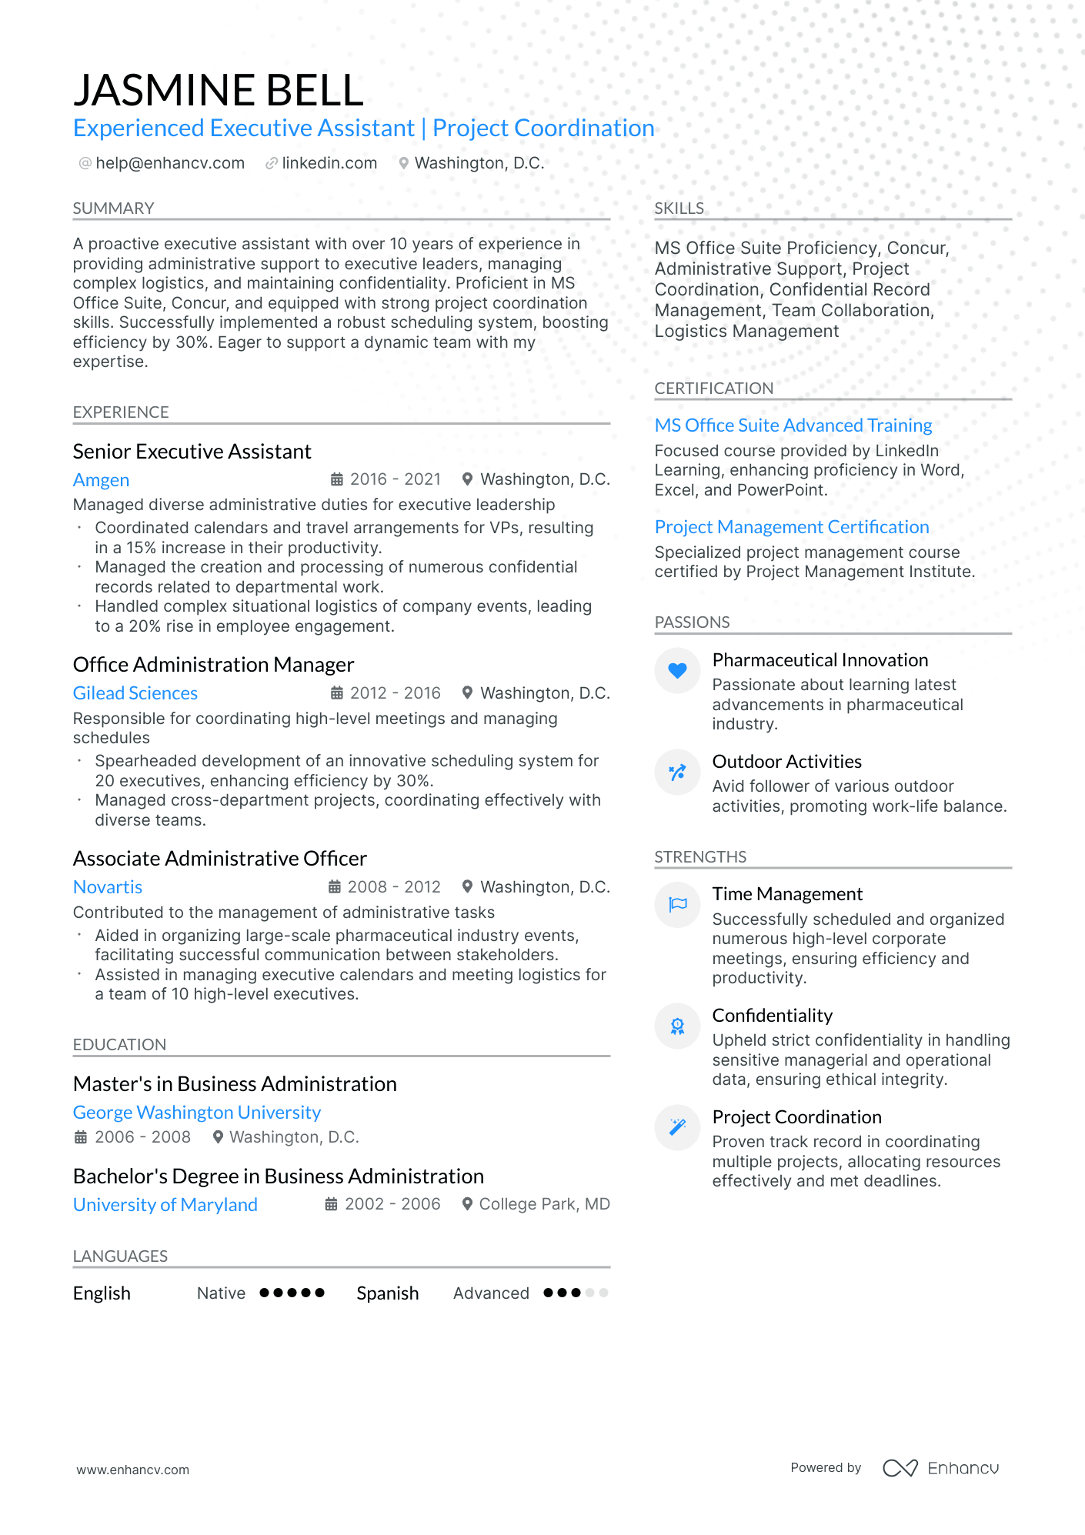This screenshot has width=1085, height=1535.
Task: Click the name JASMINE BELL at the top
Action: (219, 90)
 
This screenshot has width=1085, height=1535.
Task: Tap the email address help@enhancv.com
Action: (170, 163)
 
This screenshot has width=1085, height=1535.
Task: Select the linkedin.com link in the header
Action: (329, 163)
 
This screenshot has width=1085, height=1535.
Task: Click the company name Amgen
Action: (101, 480)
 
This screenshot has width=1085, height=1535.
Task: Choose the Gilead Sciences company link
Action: (135, 693)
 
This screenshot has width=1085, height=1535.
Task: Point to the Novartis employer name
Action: (108, 887)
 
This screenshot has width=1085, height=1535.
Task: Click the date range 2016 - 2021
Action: (395, 479)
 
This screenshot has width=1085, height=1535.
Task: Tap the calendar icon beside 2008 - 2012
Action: (335, 887)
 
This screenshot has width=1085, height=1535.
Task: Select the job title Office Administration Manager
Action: (213, 665)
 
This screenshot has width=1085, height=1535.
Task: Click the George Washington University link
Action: (197, 1113)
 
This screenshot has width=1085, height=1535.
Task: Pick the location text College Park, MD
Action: (544, 1204)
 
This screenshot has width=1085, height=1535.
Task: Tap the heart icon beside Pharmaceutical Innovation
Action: (677, 671)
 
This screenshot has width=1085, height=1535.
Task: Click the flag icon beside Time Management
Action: (677, 905)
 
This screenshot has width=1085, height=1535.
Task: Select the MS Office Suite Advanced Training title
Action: (793, 425)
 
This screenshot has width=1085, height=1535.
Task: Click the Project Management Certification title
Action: (792, 527)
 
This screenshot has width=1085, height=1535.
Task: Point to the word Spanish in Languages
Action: (388, 1293)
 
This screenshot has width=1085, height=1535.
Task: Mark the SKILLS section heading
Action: (679, 209)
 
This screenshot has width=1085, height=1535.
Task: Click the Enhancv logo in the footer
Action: (941, 1468)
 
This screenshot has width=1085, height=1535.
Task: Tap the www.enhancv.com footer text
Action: (132, 1470)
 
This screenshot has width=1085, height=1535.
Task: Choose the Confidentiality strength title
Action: (772, 1016)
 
